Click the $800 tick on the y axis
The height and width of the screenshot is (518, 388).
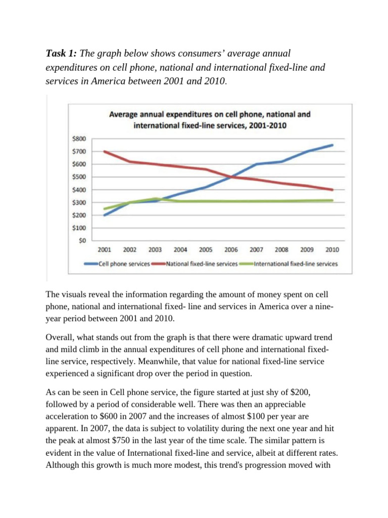pyautogui.click(x=80, y=139)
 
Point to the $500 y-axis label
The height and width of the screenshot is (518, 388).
pyautogui.click(x=80, y=177)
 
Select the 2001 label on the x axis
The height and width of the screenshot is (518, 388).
pyautogui.click(x=105, y=249)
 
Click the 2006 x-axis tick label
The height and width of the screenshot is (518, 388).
pyautogui.click(x=231, y=249)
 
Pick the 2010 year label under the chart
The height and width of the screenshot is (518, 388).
pyautogui.click(x=332, y=249)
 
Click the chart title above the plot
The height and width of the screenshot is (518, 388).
pyautogui.click(x=210, y=119)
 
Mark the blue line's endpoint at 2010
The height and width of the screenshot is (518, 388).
pyautogui.click(x=332, y=145)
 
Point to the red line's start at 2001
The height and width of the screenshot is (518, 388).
pyautogui.click(x=105, y=151)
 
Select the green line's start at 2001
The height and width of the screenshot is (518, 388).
pyautogui.click(x=105, y=209)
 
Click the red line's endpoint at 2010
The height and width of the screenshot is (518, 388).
pyautogui.click(x=332, y=190)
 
